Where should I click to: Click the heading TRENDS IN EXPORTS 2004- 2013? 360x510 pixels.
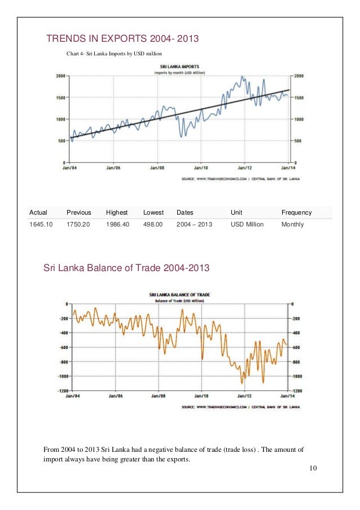click(x=123, y=40)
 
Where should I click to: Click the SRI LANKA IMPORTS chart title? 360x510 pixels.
click(x=179, y=67)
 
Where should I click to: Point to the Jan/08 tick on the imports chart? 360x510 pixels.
click(x=157, y=168)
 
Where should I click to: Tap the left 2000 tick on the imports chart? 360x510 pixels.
click(x=59, y=76)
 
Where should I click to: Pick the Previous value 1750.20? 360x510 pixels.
click(x=78, y=224)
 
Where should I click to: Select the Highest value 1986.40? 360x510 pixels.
click(x=117, y=224)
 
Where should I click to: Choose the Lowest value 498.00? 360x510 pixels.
click(x=153, y=224)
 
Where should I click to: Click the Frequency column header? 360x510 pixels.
click(x=296, y=212)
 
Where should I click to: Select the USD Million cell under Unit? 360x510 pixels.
click(x=247, y=224)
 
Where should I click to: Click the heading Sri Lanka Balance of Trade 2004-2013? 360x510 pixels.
click(x=126, y=268)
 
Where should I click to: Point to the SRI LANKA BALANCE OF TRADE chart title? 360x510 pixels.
click(x=179, y=294)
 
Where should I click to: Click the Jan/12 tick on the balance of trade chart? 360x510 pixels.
click(x=245, y=396)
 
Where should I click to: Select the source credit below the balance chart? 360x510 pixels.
click(x=240, y=406)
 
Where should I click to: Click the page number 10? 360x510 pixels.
click(x=314, y=469)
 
